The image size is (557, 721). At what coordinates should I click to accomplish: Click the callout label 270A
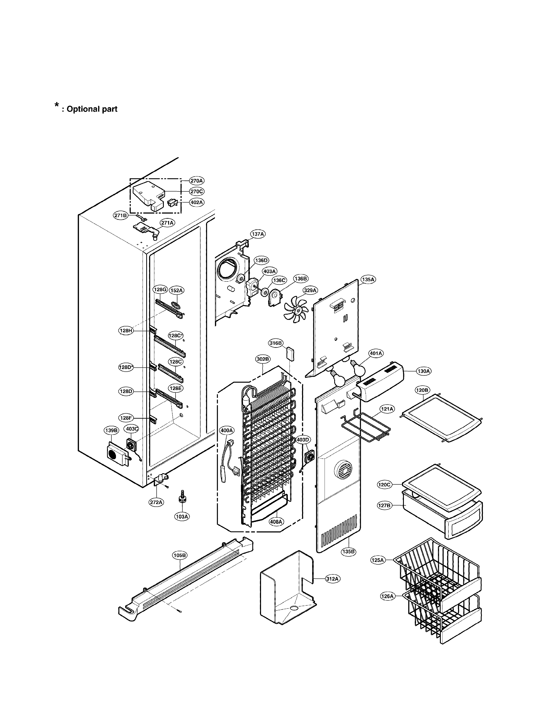click(197, 181)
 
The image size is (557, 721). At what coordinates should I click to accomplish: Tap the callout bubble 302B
click(263, 359)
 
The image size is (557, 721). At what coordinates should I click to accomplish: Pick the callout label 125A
click(378, 560)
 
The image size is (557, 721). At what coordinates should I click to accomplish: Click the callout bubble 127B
click(385, 505)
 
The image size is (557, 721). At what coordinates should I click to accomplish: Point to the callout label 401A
click(376, 353)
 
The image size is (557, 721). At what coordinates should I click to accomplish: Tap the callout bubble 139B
click(111, 430)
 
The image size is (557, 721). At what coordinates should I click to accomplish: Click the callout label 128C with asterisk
click(176, 336)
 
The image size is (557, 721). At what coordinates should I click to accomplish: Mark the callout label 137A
click(258, 234)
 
